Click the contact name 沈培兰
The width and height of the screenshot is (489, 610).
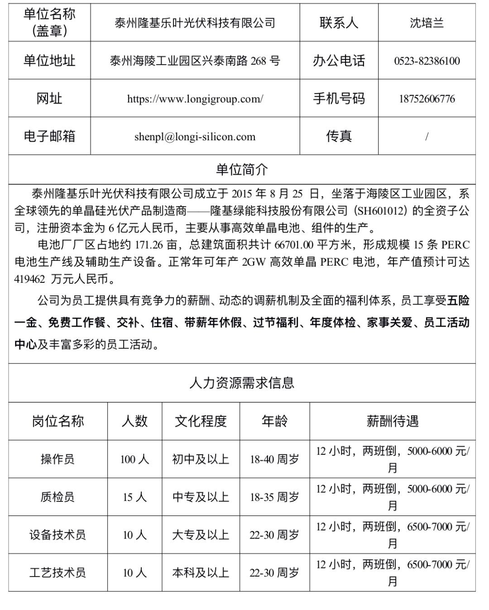(x=427, y=23)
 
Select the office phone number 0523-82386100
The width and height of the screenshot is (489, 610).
(x=427, y=61)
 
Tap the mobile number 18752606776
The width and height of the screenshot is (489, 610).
(x=427, y=99)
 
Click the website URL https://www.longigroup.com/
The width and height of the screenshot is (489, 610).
(x=195, y=99)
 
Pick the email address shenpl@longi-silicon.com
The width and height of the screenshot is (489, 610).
(x=195, y=137)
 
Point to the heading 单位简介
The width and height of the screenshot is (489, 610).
(x=242, y=170)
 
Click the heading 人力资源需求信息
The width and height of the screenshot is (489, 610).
(x=242, y=383)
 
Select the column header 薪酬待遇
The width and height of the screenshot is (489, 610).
(x=392, y=421)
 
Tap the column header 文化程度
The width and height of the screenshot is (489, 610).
(x=201, y=421)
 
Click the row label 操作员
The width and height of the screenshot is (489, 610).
(x=58, y=459)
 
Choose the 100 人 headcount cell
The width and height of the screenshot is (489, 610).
(x=134, y=459)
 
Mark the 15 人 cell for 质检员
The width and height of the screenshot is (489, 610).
(x=134, y=497)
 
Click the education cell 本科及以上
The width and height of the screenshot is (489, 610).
(x=201, y=573)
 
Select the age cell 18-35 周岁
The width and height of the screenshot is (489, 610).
(x=274, y=497)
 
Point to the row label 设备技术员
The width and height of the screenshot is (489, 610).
(x=58, y=535)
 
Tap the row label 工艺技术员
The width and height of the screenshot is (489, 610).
(x=58, y=573)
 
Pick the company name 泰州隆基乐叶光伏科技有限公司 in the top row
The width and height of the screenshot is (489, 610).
(x=195, y=23)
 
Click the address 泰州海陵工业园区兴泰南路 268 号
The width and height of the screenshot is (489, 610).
(x=195, y=61)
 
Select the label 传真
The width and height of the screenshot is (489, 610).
(x=339, y=137)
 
